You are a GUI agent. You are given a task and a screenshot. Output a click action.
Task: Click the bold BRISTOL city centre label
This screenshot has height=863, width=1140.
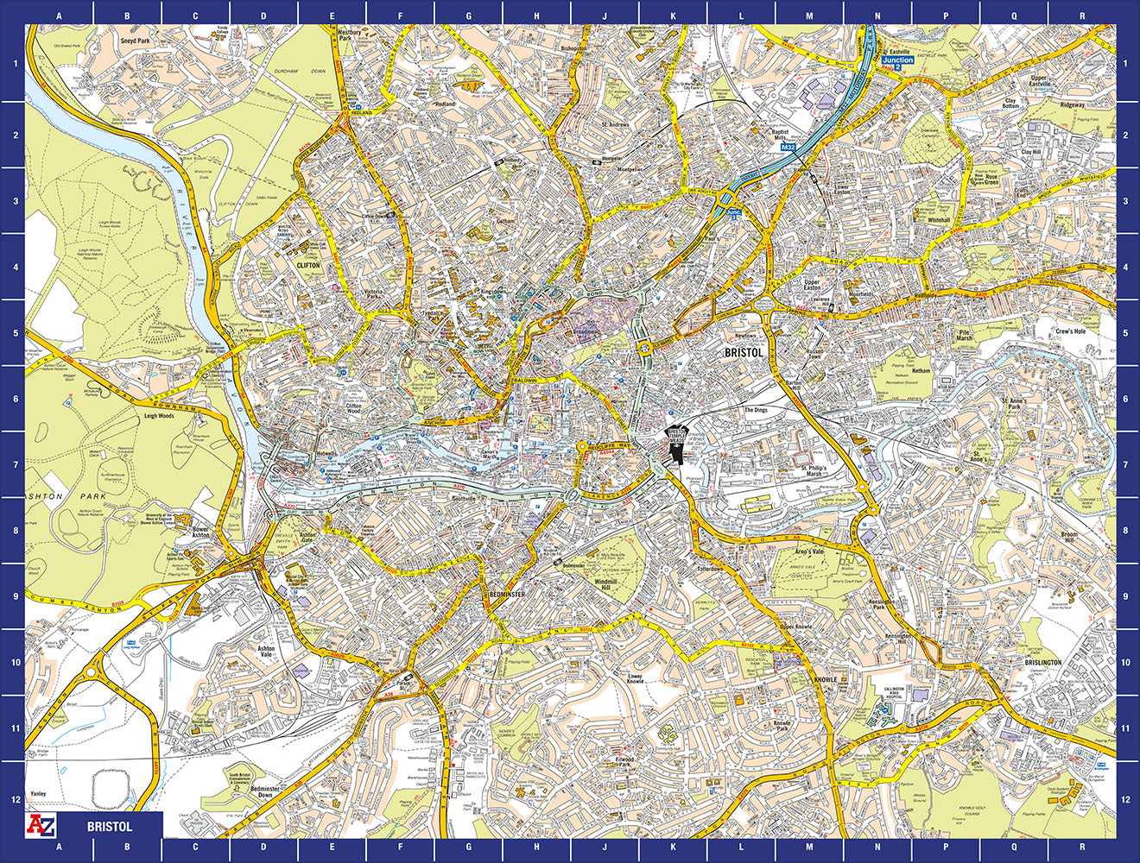coord(744,353)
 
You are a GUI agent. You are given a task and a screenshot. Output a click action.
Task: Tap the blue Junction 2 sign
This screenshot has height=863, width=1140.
coord(897,61)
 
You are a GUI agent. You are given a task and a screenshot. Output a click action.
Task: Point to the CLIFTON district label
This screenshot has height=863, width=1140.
coord(307,266)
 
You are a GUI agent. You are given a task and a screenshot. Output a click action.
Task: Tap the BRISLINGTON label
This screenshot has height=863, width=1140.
coord(1042,663)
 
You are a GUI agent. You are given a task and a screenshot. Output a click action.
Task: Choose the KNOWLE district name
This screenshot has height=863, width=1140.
coord(826,680)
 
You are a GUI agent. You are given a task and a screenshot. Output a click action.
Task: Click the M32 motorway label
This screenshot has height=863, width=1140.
coord(787,148)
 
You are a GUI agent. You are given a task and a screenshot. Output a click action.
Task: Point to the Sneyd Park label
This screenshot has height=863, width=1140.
coord(136,41)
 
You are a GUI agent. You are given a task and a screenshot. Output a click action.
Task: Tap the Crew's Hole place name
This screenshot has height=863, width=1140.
coord(1069,331)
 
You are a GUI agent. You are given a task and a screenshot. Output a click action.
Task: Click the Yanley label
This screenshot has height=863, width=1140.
coord(38,793)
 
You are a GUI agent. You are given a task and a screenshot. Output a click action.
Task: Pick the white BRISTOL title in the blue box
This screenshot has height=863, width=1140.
coord(110,826)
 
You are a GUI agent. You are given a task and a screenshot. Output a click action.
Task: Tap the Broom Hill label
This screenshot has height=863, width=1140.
coord(1069,539)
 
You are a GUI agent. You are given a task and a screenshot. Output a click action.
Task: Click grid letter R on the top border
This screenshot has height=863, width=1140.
coord(1082,15)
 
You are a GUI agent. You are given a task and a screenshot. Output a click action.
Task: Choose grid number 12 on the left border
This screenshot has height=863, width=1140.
coord(13,799)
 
